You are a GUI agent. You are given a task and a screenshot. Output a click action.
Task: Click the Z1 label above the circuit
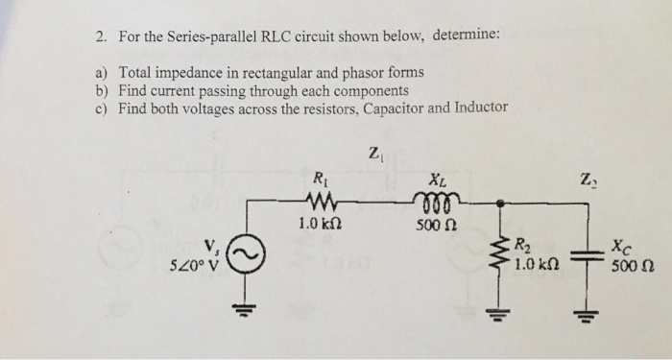click(x=374, y=153)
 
